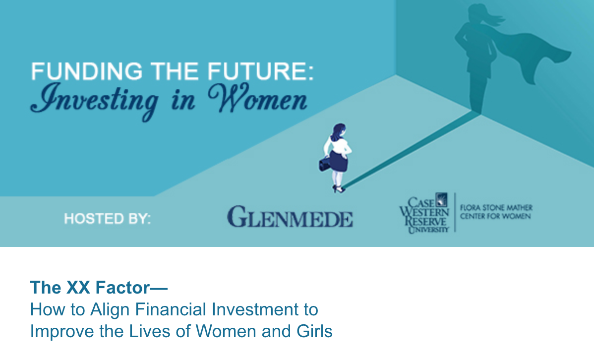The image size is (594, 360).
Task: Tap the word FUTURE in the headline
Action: [258, 71]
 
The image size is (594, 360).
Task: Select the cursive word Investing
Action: [94, 101]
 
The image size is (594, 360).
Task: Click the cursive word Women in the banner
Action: [258, 98]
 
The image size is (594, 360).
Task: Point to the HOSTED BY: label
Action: [107, 219]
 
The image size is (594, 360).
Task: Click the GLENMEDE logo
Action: [290, 217]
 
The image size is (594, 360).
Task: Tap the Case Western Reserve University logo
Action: [424, 213]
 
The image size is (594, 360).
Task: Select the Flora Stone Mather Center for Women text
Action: [496, 212]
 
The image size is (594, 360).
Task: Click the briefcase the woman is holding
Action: [325, 164]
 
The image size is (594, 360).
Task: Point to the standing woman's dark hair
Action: [338, 131]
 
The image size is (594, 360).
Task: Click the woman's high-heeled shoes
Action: [339, 189]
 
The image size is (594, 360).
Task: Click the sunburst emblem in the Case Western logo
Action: [441, 199]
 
